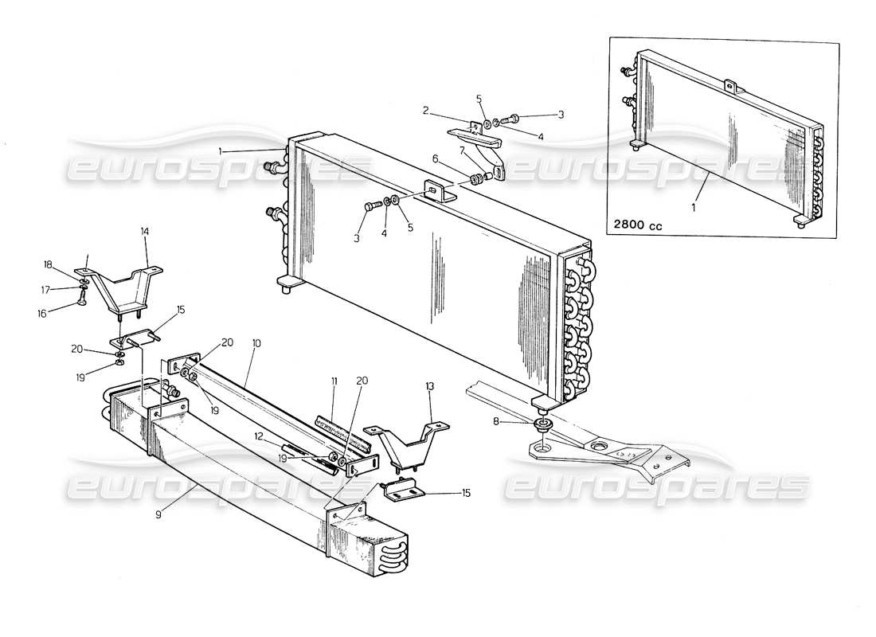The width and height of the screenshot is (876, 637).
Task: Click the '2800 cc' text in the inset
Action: (638, 225)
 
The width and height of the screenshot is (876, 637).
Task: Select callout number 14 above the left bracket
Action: (145, 232)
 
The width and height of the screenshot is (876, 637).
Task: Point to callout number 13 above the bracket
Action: (430, 386)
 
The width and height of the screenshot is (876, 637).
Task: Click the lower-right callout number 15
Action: (467, 493)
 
